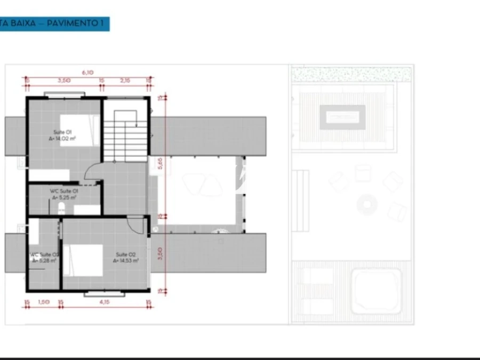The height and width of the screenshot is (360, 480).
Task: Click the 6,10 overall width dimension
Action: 87,72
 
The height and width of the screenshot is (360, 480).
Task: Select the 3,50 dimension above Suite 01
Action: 65,81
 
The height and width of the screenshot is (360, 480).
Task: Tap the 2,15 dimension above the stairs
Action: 125,81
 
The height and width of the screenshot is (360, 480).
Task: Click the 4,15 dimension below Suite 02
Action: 104,302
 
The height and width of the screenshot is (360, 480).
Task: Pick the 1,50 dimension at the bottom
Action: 44,302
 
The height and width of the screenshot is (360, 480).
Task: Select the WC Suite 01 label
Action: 64,191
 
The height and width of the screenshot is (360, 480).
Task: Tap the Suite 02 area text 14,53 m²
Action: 127,261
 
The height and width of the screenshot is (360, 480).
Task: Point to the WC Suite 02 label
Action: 44,255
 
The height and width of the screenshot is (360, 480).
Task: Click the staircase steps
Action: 125,140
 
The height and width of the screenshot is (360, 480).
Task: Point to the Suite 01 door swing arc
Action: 94,172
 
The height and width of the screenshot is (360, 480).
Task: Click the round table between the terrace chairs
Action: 367,204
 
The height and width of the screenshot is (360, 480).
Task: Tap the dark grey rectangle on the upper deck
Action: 342,117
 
